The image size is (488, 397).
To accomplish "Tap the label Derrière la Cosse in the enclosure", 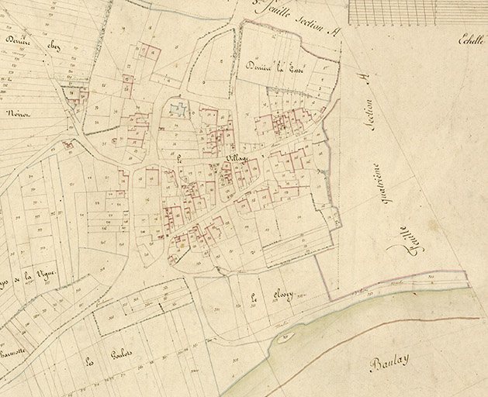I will point(277,67).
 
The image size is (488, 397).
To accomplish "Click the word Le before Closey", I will point(254,297).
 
